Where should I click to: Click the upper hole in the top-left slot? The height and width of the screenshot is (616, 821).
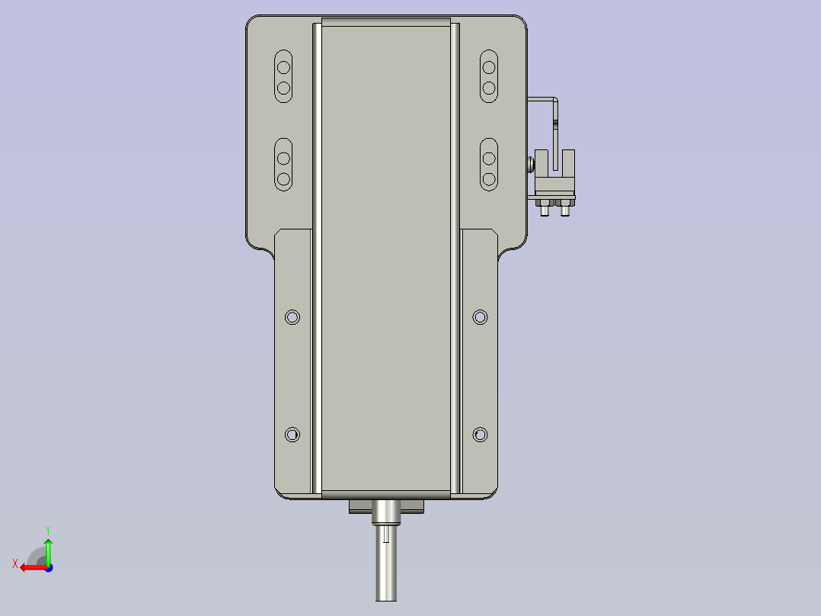click(283, 67)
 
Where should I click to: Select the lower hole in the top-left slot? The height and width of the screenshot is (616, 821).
click(283, 88)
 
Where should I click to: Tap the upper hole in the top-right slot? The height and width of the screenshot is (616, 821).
click(489, 67)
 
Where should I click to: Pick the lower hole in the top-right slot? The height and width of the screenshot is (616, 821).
click(489, 88)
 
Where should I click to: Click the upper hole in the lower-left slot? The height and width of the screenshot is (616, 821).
click(283, 158)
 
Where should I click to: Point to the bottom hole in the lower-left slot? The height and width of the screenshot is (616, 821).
click(283, 179)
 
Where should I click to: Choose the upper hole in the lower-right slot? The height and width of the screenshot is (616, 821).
click(489, 158)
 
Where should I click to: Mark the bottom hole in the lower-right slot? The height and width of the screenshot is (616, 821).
click(489, 179)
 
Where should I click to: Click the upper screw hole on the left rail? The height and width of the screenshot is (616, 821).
click(292, 316)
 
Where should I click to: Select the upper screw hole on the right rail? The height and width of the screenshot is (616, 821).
click(480, 316)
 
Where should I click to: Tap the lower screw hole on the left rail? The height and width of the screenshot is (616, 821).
click(292, 435)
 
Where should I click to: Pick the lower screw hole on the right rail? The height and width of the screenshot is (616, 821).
click(480, 435)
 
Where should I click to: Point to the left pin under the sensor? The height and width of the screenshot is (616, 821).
click(545, 210)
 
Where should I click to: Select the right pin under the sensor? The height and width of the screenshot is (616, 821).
click(564, 210)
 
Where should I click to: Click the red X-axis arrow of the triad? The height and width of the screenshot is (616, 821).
click(30, 566)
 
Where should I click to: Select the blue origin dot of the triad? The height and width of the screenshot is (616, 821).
click(48, 567)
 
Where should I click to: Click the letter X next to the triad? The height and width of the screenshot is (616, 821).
click(15, 563)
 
